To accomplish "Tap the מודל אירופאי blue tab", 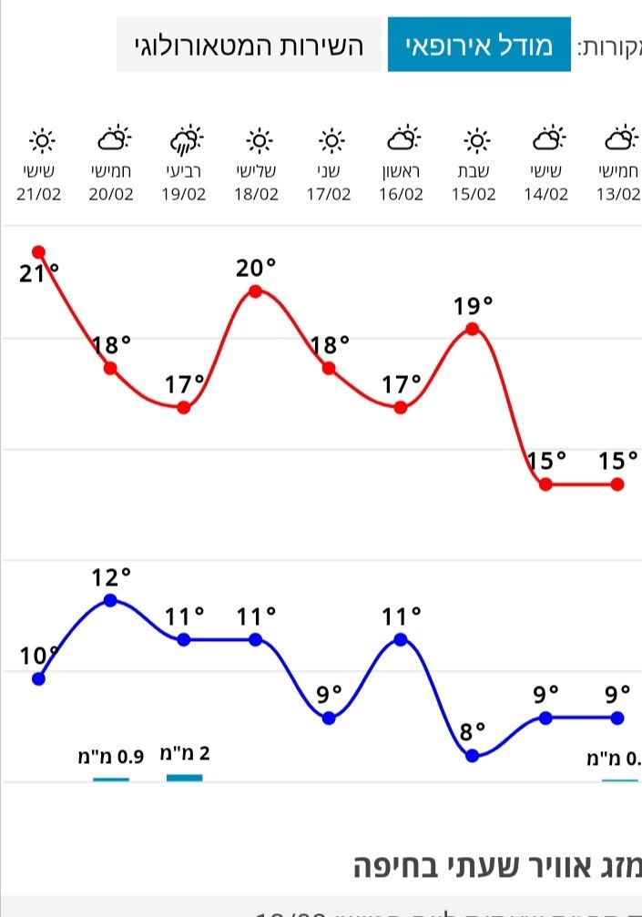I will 479,45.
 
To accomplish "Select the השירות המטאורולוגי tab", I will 249,45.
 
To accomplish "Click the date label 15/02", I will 474,194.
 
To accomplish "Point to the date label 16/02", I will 401,194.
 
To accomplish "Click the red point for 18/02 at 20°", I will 256,291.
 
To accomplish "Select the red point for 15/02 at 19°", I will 473,328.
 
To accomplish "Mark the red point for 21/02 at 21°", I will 39,251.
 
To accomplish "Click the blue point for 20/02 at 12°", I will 111,600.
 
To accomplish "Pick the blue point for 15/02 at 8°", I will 473,755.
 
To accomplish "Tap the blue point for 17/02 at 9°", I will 329,718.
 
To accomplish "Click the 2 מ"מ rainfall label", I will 185,753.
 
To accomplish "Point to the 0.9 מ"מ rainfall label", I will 111,756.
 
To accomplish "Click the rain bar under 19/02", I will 185,778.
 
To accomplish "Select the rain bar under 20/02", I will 111,779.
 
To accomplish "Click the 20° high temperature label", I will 256,268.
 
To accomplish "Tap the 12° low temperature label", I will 111,577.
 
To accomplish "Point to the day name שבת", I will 474,171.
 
